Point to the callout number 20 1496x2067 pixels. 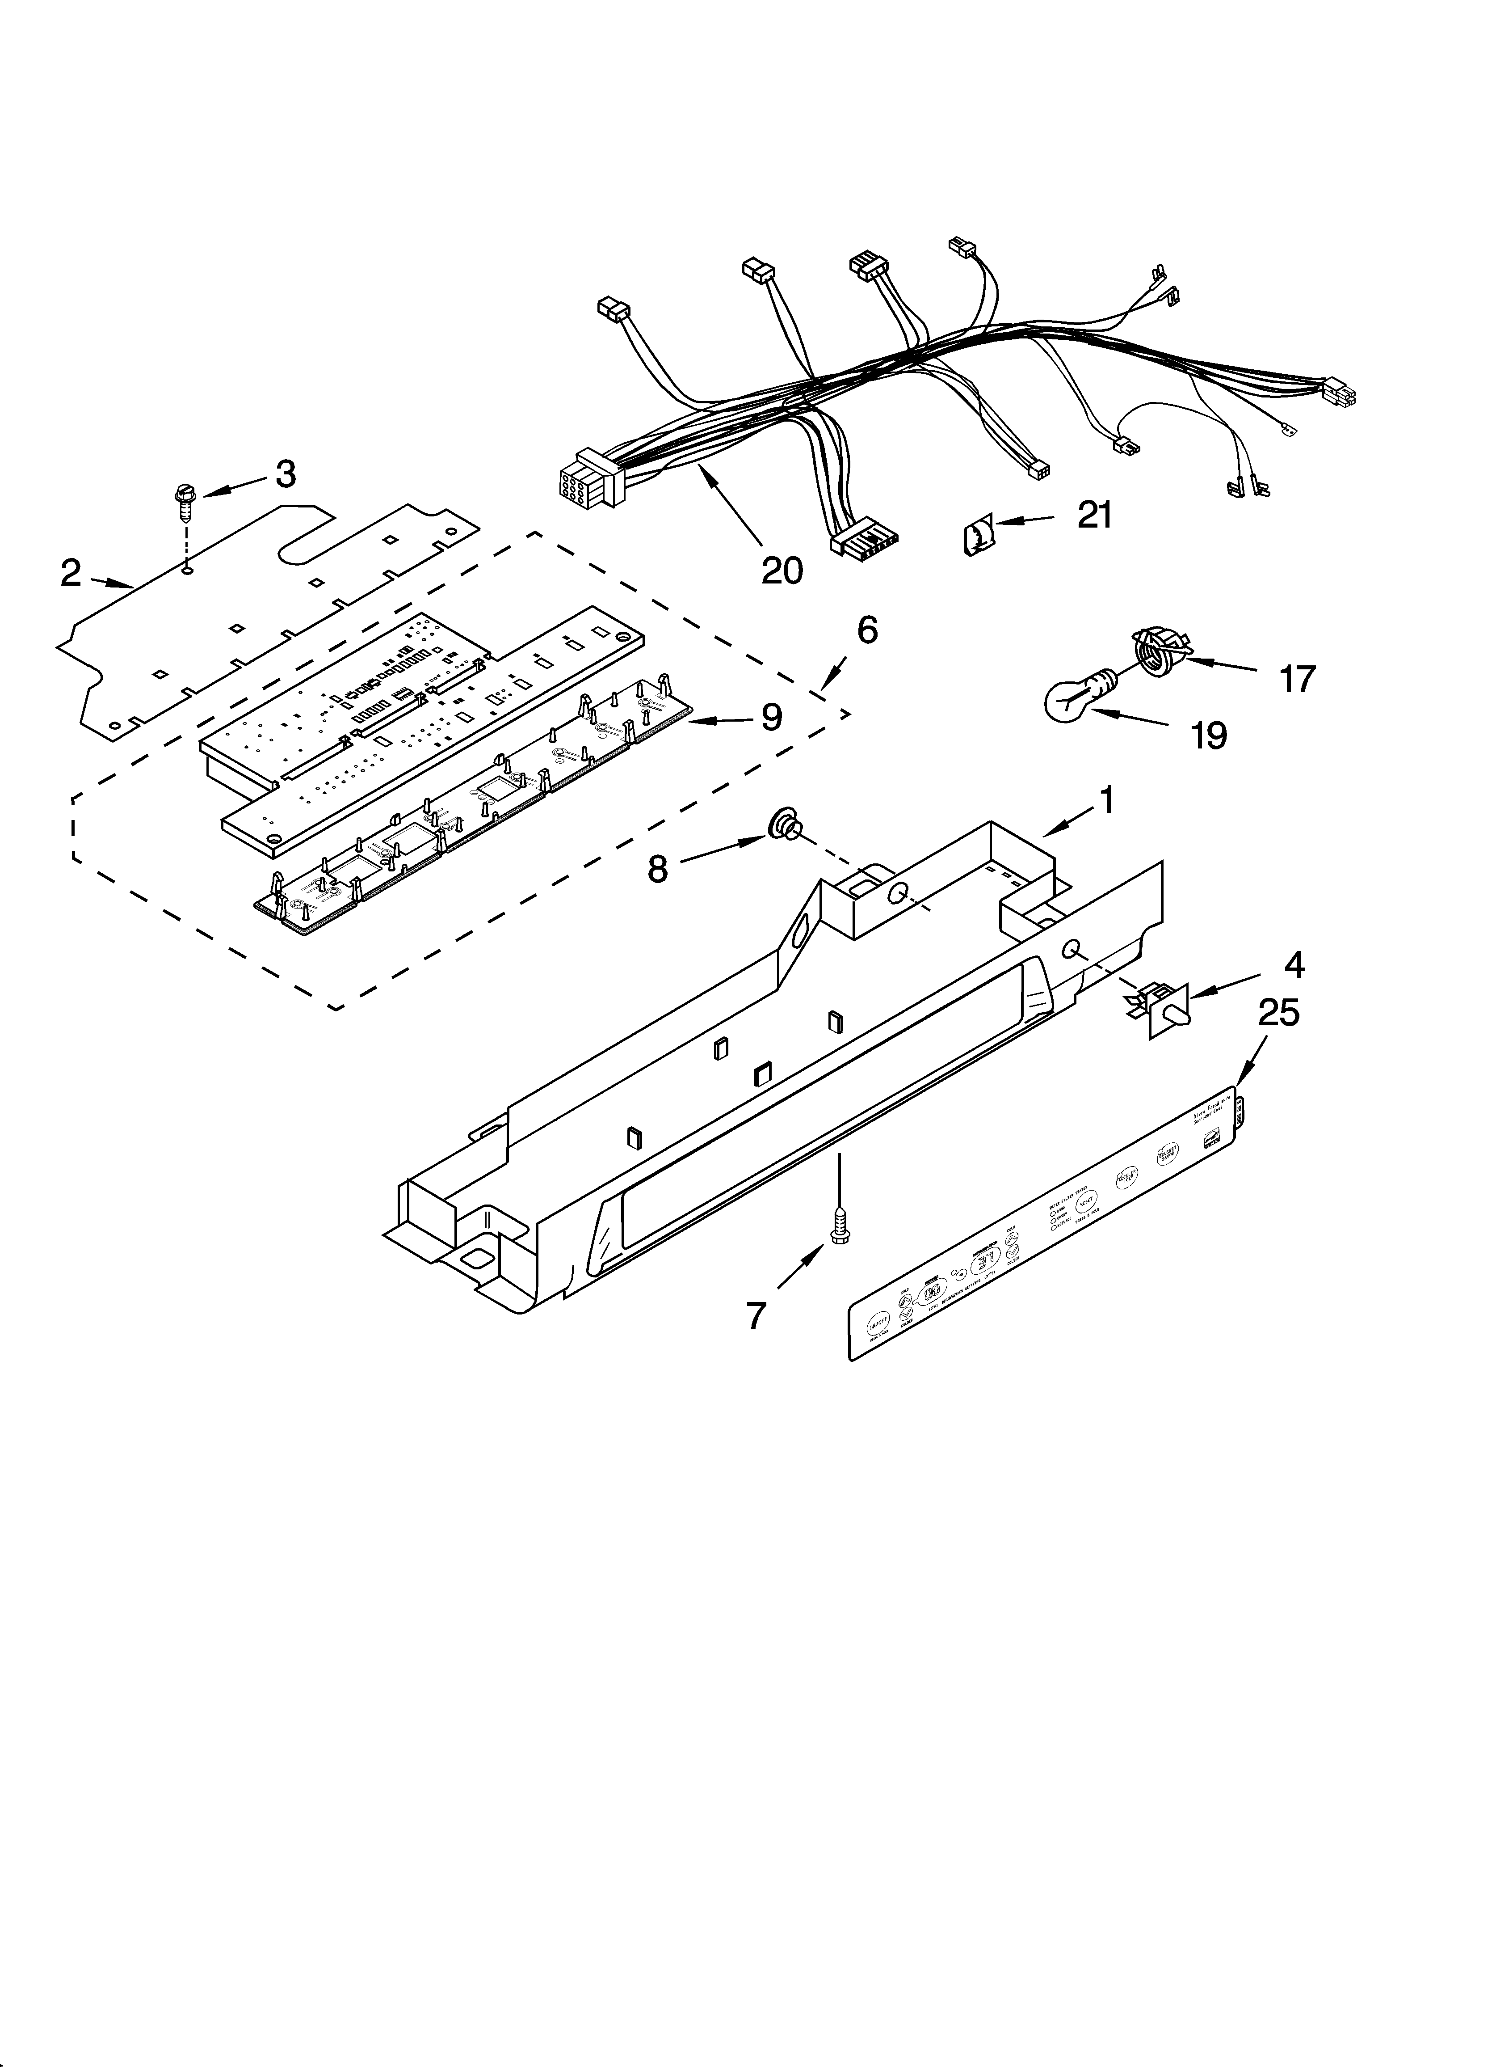pos(782,571)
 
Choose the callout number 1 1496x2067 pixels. pos(1106,801)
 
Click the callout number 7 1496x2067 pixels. pos(756,1315)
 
